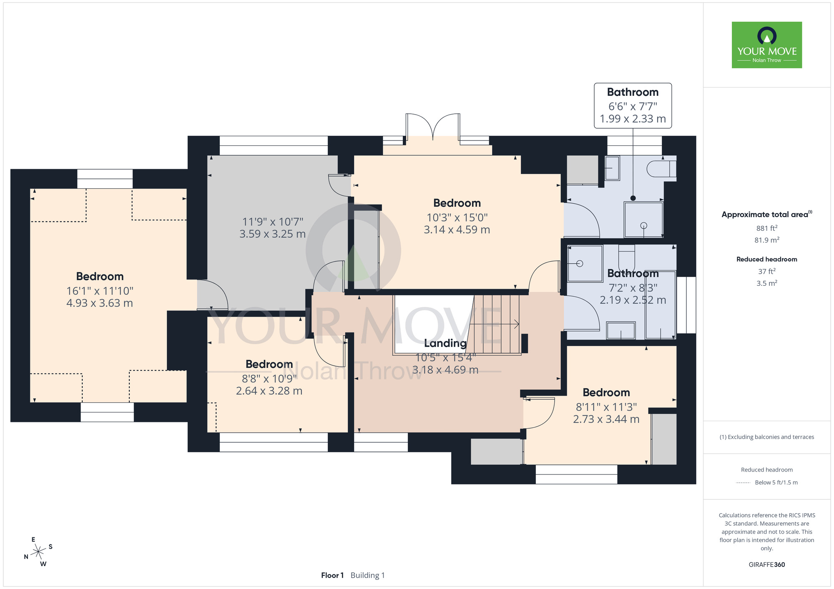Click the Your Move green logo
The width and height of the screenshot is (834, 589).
click(767, 45)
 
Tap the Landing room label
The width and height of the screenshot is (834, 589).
click(445, 343)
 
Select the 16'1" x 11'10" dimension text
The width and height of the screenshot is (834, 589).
click(100, 291)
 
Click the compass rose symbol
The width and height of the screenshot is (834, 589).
click(38, 552)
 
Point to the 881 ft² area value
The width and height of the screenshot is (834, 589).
click(767, 228)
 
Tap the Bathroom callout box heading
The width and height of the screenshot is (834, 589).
click(633, 92)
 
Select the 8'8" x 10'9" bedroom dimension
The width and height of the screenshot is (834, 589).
click(269, 379)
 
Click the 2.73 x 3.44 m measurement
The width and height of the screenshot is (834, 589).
click(606, 419)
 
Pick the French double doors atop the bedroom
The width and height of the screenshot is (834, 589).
click(433, 127)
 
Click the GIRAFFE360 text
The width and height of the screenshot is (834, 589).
click(767, 565)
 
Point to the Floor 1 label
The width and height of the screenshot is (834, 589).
click(332, 575)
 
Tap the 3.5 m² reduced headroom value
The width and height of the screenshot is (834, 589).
click(767, 283)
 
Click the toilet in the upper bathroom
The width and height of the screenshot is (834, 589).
click(661, 169)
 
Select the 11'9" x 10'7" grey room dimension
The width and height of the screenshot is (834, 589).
click(273, 222)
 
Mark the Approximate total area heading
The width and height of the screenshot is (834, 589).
click(767, 214)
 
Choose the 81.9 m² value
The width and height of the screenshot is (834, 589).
click(767, 240)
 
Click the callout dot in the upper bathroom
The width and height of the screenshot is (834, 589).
click(633, 198)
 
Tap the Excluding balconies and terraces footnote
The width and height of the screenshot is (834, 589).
click(766, 437)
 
